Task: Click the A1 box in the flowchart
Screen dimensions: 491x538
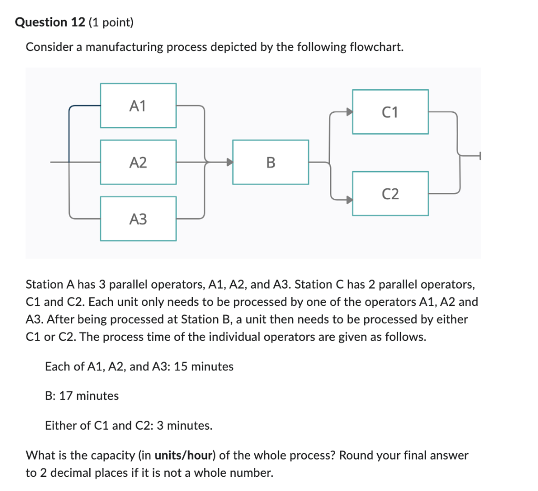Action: [138, 105]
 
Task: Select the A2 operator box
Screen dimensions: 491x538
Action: [138, 162]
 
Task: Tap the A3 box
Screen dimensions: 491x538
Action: [138, 219]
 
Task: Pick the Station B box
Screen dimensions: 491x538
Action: [271, 162]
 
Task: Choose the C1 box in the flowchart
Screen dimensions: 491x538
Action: [390, 112]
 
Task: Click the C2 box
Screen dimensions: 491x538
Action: [390, 194]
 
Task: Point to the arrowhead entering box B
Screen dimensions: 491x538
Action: [229, 162]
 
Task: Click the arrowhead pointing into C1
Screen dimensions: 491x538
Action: [348, 112]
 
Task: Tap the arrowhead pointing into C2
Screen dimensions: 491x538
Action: [348, 199]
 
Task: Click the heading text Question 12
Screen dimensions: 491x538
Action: [50, 22]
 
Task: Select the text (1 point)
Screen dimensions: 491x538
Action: [111, 22]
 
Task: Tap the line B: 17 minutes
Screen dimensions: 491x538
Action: [82, 396]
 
